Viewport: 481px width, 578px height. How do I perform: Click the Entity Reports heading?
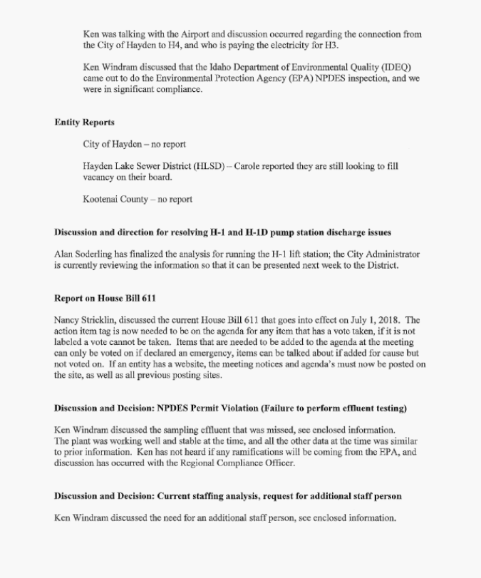coord(84,123)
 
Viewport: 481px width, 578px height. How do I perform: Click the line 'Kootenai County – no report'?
coord(138,200)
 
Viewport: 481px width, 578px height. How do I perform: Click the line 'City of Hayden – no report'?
coord(134,145)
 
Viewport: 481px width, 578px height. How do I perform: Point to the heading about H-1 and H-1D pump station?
coord(222,232)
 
